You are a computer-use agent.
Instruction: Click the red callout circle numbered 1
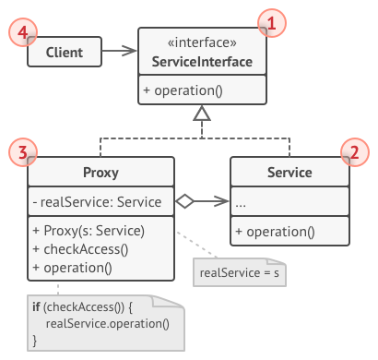pos(270,21)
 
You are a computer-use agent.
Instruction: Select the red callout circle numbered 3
pos(22,150)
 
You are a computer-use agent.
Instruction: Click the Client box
pos(64,53)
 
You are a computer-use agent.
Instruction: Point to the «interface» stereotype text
pos(202,42)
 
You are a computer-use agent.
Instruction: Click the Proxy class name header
pos(100,172)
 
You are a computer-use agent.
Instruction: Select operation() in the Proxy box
pos(71,268)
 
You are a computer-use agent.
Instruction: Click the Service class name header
pos(289,172)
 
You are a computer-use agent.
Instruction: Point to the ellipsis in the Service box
pos(242,202)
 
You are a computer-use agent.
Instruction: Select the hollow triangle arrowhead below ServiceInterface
pos(202,112)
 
